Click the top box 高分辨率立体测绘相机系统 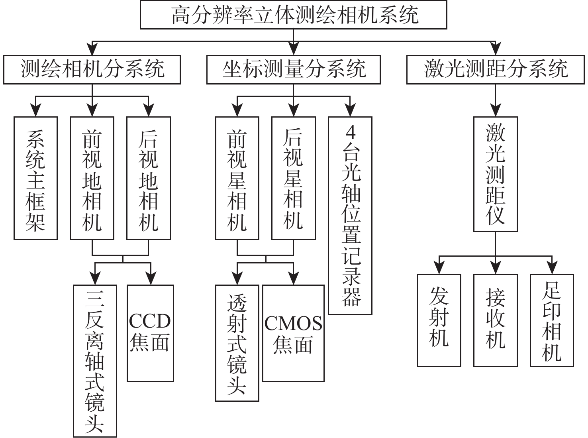294,15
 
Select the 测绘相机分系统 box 92,70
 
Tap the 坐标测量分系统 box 294,70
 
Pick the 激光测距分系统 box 496,70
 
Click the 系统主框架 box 35,178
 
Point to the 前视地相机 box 92,178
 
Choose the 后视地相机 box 149,178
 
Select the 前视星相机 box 237,178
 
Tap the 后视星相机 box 294,178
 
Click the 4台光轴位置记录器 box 350,216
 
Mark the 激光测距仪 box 496,174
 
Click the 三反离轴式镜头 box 95,361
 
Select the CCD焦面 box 150,333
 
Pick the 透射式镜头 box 237,343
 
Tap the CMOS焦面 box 294,333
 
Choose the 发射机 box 439,320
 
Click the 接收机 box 496,320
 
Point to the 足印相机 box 552,320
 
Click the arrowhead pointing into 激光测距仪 496,111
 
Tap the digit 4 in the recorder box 351,133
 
